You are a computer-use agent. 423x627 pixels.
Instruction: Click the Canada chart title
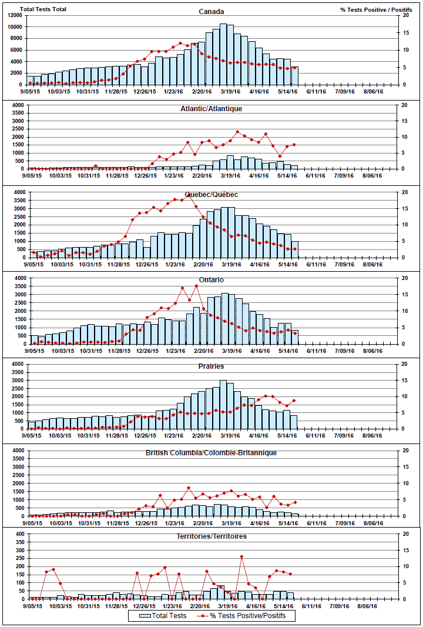[x=211, y=11]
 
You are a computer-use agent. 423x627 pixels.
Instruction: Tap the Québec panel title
[x=211, y=194]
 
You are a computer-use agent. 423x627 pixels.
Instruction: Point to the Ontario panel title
[x=211, y=279]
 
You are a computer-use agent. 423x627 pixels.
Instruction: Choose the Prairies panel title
[x=211, y=366]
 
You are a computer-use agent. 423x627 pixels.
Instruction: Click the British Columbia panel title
[x=211, y=452]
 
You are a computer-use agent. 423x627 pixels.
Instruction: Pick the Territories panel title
[x=211, y=536]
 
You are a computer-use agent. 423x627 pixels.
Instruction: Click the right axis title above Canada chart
[x=375, y=9]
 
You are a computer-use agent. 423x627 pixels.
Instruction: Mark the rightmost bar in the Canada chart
[x=294, y=75]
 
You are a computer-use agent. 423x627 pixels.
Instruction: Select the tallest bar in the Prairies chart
[x=223, y=404]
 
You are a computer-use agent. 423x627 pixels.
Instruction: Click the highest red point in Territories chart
[x=241, y=556]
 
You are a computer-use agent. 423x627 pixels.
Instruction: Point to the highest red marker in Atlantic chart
[x=237, y=132]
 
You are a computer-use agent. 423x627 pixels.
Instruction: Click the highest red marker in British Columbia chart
[x=189, y=488]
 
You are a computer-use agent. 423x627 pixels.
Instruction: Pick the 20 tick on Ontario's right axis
[x=404, y=278]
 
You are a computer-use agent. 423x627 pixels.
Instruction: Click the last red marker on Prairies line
[x=294, y=401]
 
